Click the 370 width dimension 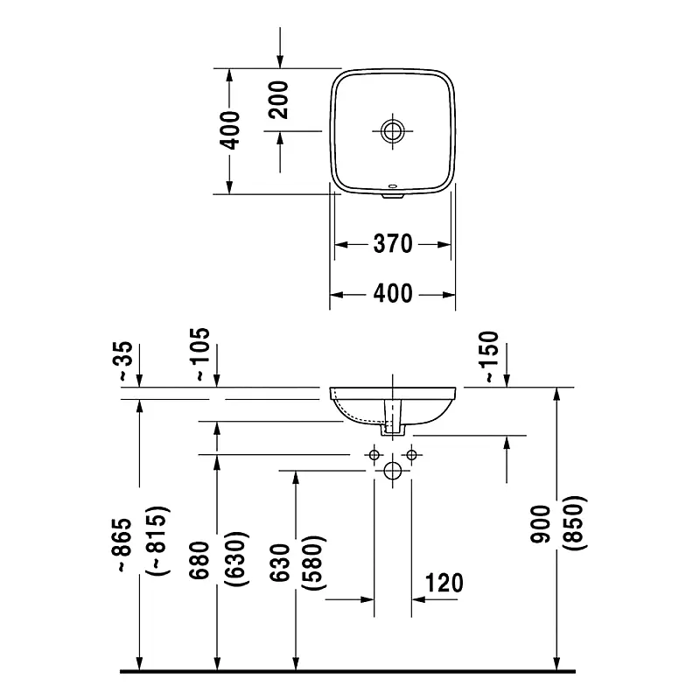(x=393, y=245)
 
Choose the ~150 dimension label (x=488, y=357)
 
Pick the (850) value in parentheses (x=577, y=523)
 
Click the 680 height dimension (x=200, y=560)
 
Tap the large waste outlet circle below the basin (x=393, y=471)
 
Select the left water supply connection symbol (x=374, y=455)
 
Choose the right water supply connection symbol (x=411, y=455)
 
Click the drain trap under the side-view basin (x=391, y=423)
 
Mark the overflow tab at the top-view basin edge (x=393, y=192)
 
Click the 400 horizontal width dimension (x=393, y=293)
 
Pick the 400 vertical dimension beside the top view (x=230, y=130)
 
